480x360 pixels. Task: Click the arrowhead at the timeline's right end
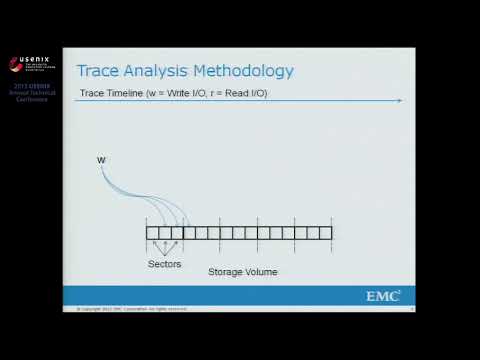(x=399, y=100)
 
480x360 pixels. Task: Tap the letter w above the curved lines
(x=101, y=160)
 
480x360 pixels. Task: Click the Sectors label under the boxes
(x=165, y=264)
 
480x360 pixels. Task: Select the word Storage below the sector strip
(x=225, y=271)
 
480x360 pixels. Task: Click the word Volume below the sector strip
(x=261, y=271)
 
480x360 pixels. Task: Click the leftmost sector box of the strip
(x=152, y=233)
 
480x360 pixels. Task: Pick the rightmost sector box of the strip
(x=325, y=233)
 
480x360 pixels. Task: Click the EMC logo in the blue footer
(x=383, y=295)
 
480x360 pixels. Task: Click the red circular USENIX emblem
(x=15, y=64)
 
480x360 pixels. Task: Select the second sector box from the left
(x=165, y=233)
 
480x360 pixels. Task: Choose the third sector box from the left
(x=177, y=233)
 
